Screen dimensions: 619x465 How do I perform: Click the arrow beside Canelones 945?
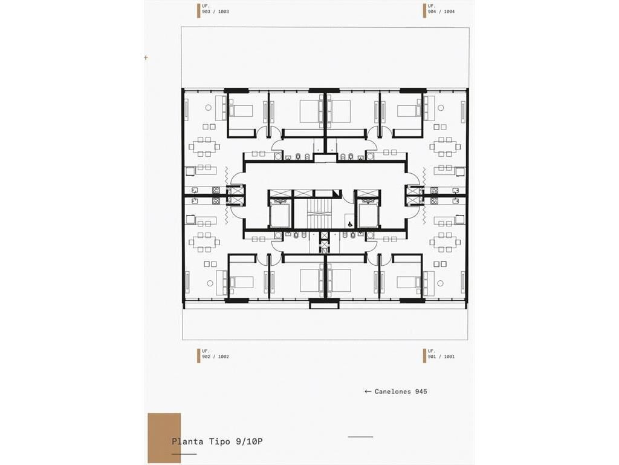tap(368, 392)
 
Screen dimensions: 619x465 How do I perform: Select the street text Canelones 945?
tap(401, 392)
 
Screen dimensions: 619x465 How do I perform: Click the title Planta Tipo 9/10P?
tap(217, 441)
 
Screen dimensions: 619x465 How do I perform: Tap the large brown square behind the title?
tap(164, 438)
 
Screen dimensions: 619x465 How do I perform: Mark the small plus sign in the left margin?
tap(146, 58)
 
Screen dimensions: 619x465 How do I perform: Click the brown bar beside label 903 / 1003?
tap(198, 11)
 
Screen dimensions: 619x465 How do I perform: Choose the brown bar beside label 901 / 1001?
tap(424, 356)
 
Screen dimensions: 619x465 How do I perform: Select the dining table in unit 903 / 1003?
tap(204, 147)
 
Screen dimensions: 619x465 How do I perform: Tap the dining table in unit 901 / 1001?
tap(445, 242)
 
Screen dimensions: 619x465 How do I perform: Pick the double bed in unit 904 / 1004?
tap(339, 111)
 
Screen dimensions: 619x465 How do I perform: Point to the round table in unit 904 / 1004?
tap(441, 108)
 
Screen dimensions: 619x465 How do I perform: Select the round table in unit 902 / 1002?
tap(210, 283)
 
